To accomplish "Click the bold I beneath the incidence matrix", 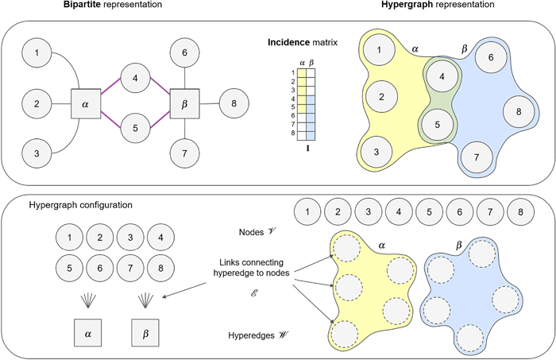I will tap(307, 147).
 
